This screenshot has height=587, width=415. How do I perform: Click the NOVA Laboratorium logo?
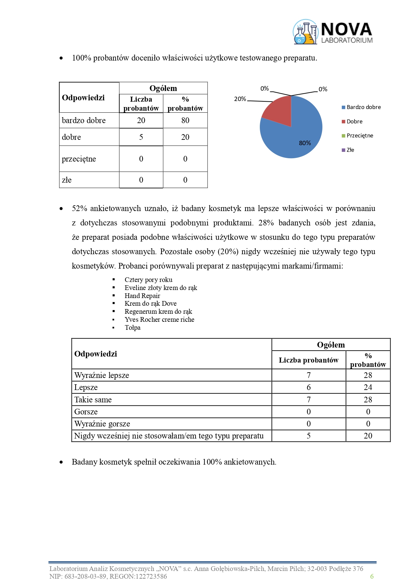(333, 32)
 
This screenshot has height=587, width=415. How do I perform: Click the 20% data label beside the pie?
(240, 99)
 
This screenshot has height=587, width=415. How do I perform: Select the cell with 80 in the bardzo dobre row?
(185, 120)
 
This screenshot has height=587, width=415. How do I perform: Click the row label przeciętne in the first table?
(79, 159)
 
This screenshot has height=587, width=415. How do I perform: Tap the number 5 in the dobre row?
(141, 137)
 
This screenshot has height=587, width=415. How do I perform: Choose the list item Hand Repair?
(142, 296)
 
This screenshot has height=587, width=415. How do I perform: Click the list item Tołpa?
(132, 327)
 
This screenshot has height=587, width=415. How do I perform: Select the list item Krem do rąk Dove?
(150, 303)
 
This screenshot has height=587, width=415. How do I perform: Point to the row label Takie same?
(93, 400)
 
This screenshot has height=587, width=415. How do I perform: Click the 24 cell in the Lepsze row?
(368, 387)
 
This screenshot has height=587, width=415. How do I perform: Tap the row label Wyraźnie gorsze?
(102, 424)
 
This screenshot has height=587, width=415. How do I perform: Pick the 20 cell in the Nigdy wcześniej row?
(368, 436)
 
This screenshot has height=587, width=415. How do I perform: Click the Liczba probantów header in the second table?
(308, 360)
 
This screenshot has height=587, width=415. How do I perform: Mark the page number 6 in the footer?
(372, 576)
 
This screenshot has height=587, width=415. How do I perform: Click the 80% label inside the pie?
(305, 143)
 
